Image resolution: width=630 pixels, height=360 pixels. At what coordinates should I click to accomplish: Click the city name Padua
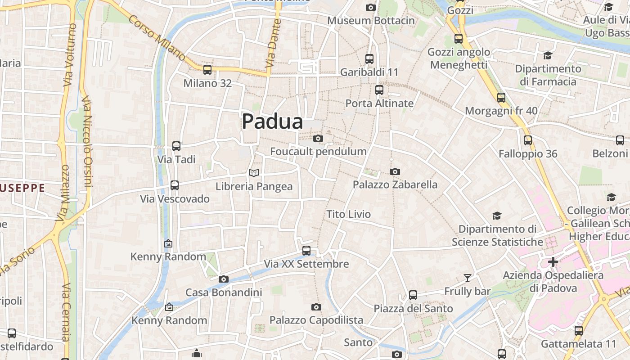[x=272, y=121]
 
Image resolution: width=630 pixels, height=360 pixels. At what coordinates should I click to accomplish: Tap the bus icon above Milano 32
[x=207, y=70]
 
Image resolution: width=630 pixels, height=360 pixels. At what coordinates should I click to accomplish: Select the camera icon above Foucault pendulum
[x=318, y=138]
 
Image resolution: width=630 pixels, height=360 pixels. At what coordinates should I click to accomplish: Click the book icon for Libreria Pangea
[x=254, y=173]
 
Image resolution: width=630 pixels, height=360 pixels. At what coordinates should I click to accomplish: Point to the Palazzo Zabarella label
[x=395, y=184]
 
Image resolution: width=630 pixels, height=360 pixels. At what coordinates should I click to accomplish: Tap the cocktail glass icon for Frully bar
[x=468, y=278]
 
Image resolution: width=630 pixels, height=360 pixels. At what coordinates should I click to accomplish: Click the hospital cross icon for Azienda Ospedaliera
[x=553, y=262]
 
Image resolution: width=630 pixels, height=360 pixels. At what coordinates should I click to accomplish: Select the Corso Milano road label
[x=157, y=38]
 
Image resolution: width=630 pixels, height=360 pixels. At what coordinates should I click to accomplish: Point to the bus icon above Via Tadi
[x=176, y=146]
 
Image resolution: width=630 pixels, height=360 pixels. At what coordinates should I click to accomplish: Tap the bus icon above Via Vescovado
[x=175, y=185]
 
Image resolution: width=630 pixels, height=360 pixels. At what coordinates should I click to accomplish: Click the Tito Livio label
[x=349, y=214]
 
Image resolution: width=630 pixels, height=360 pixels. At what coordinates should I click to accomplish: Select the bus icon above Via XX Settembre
[x=306, y=250]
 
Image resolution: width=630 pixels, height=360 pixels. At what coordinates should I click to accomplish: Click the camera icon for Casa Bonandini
[x=224, y=279]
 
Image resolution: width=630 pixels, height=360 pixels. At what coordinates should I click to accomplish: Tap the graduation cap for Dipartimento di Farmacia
[x=548, y=55]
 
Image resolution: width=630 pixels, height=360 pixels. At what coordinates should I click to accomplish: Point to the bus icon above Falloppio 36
[x=528, y=140]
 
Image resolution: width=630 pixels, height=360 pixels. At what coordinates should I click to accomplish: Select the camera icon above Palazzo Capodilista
[x=316, y=307]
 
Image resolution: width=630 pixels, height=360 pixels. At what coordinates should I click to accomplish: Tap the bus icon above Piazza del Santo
[x=413, y=295]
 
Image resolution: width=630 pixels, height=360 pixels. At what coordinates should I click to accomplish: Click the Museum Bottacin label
[x=371, y=21]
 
